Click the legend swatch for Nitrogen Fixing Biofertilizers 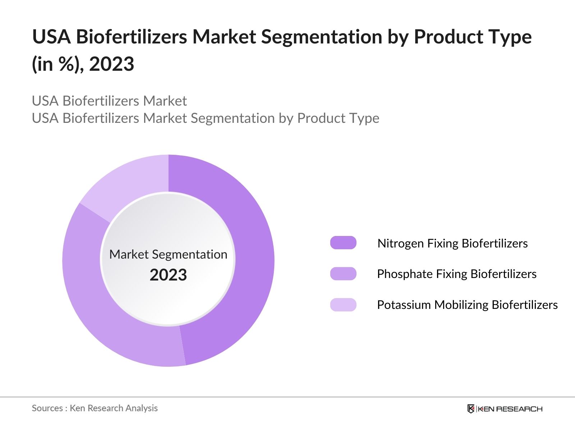[343, 243]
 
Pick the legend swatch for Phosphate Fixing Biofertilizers [343, 274]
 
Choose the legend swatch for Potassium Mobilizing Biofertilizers [343, 305]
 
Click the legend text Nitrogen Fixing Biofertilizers [452, 244]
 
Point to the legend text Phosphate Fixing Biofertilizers [456, 274]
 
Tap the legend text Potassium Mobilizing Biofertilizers [467, 305]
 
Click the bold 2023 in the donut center [168, 275]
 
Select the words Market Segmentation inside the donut [168, 254]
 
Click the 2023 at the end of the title [111, 64]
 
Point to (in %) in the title [57, 64]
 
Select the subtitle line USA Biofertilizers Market [109, 101]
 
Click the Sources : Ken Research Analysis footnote [95, 408]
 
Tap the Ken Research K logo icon [471, 409]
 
